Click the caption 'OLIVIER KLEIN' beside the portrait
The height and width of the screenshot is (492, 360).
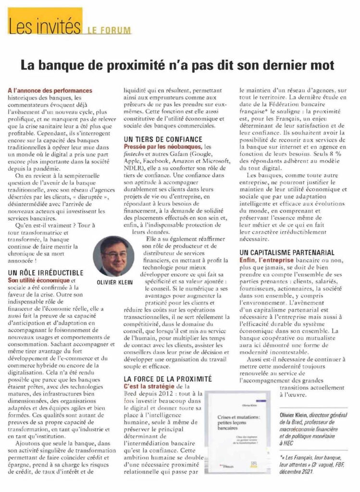pos(114,283)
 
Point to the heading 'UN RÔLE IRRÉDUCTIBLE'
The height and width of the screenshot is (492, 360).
pos(46,272)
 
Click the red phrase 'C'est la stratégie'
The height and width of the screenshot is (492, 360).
pos(147,387)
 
